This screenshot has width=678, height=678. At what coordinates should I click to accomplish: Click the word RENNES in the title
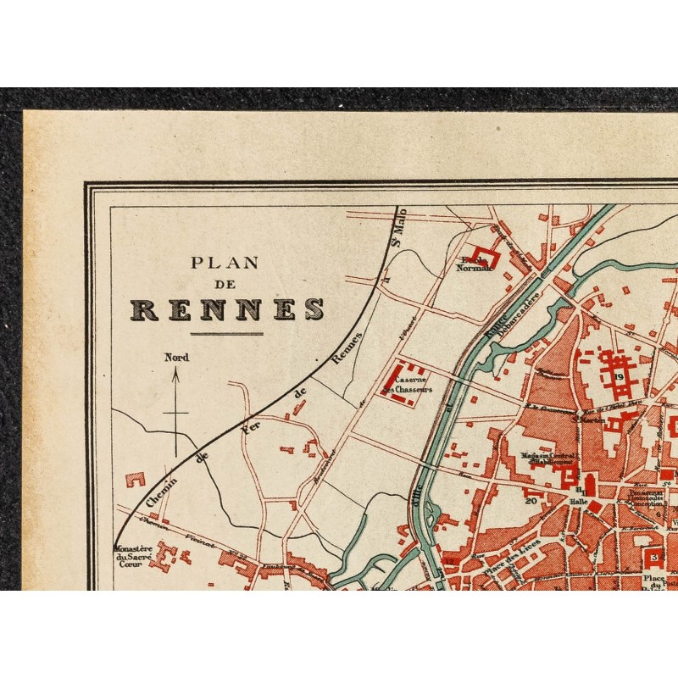[x=226, y=309]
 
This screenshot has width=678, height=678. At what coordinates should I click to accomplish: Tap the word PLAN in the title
[x=225, y=263]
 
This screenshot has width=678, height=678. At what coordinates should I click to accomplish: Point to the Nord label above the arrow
[x=176, y=358]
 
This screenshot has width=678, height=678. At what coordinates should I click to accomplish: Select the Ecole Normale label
[x=474, y=264]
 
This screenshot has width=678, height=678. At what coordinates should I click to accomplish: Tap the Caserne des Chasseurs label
[x=407, y=386]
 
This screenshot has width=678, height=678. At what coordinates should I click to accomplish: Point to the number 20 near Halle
[x=531, y=500]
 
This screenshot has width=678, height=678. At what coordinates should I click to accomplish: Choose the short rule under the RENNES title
[x=226, y=334]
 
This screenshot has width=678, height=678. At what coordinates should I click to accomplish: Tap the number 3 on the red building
[x=654, y=557]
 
